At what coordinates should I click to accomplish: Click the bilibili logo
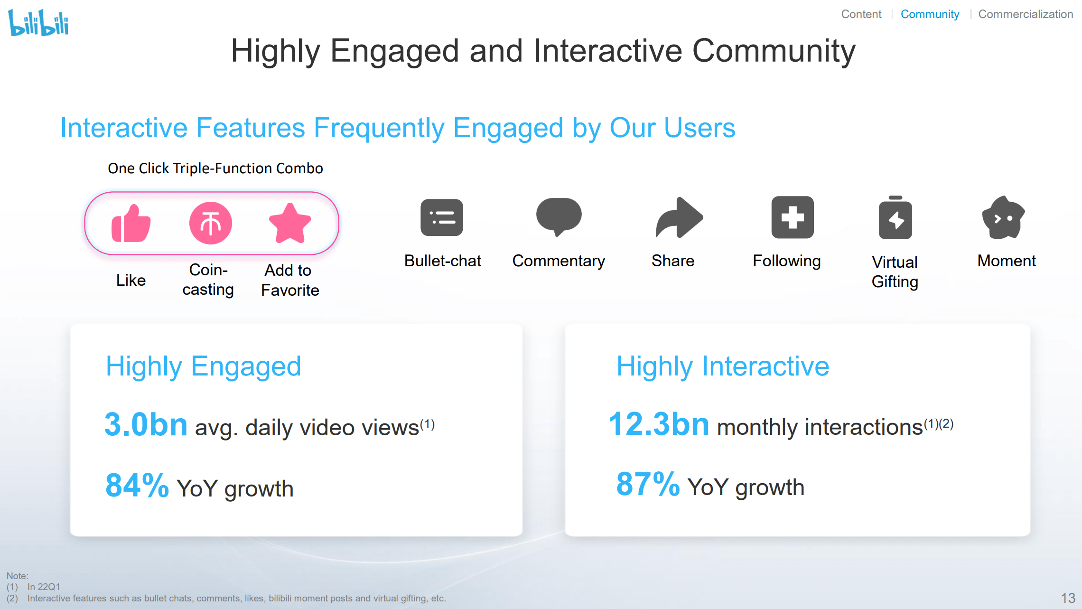pyautogui.click(x=38, y=22)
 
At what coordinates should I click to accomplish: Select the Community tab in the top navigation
pyautogui.click(x=930, y=14)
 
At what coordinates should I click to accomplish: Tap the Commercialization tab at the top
pyautogui.click(x=1026, y=14)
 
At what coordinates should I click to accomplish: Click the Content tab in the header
pyautogui.click(x=861, y=14)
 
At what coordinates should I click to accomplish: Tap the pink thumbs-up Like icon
pyautogui.click(x=131, y=223)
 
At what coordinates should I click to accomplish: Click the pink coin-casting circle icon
pyautogui.click(x=211, y=223)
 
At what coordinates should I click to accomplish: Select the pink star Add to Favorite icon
pyautogui.click(x=290, y=223)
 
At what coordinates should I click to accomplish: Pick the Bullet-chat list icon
pyautogui.click(x=442, y=217)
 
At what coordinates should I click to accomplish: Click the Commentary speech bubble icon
pyautogui.click(x=559, y=216)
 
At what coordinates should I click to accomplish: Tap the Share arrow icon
pyautogui.click(x=679, y=217)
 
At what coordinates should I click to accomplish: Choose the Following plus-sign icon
pyautogui.click(x=793, y=217)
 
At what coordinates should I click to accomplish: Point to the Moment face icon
pyautogui.click(x=1003, y=217)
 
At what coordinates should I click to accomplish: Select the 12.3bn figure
pyautogui.click(x=659, y=423)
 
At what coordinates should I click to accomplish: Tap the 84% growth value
pyautogui.click(x=137, y=485)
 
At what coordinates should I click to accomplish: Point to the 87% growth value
pyautogui.click(x=648, y=484)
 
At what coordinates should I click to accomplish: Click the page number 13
pyautogui.click(x=1068, y=598)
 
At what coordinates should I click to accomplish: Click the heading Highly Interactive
pyautogui.click(x=723, y=366)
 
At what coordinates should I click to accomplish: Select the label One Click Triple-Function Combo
pyautogui.click(x=215, y=169)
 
